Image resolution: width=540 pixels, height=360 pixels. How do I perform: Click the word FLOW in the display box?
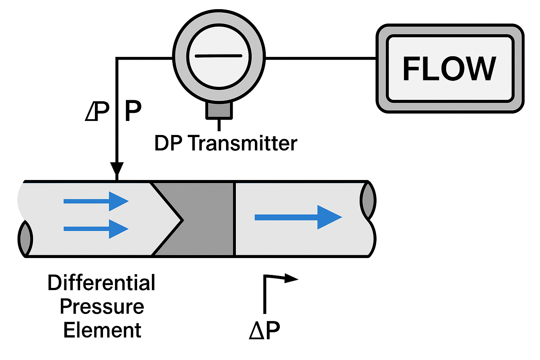pos(449,69)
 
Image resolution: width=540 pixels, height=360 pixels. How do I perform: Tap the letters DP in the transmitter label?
pos(168,143)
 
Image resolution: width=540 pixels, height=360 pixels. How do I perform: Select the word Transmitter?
pos(243,143)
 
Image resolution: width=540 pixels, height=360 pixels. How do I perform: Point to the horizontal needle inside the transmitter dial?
pos(218,56)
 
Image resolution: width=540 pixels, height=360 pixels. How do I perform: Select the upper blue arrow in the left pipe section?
pos(96,201)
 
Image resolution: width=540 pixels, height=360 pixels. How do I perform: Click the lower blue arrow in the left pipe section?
pos(96,229)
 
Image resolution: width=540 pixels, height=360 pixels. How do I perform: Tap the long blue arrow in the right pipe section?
pos(298,217)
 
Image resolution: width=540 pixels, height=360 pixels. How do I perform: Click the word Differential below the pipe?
pos(102,283)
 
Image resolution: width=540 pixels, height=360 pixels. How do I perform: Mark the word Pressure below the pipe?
pos(102,307)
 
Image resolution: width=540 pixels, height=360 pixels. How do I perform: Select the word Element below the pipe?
pos(102,330)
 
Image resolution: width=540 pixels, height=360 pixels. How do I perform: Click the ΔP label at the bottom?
pos(264,330)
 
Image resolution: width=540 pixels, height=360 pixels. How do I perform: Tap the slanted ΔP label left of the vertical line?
pos(97,111)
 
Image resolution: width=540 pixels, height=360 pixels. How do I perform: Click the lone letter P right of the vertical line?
pos(133,111)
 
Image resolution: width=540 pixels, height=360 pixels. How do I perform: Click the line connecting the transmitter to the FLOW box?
pos(320,58)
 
